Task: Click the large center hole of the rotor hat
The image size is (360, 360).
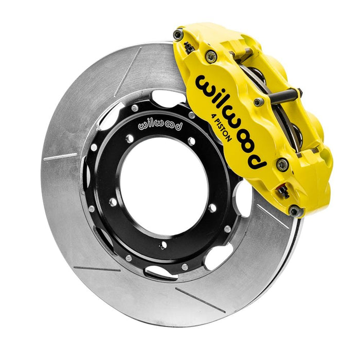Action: click(165, 185)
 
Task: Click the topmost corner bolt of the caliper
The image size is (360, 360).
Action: click(178, 35)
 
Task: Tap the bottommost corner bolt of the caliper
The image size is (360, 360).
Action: click(294, 211)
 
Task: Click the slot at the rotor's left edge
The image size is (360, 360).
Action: click(60, 156)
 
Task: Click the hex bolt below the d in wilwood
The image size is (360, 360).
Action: click(282, 165)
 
